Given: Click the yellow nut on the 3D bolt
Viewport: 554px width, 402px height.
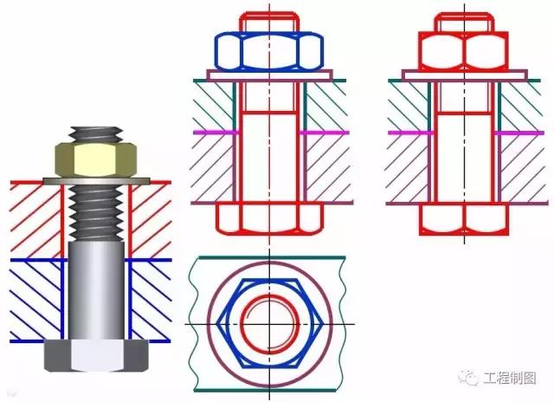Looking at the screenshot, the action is [x=96, y=159].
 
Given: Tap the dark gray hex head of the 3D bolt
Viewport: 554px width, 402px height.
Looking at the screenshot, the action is [x=96, y=355].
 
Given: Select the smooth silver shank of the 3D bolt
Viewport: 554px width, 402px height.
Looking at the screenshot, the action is [x=96, y=290].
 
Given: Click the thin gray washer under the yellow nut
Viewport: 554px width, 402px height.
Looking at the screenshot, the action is [x=96, y=181].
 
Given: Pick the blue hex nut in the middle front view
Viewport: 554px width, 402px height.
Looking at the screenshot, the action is [x=269, y=51].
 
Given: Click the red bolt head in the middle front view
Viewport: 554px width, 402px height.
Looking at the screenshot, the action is [x=269, y=218].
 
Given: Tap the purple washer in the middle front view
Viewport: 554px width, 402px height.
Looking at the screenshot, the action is [x=269, y=75].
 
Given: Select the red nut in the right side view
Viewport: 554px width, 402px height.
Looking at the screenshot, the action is [x=464, y=50].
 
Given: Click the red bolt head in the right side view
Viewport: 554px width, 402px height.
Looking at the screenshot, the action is [x=464, y=219].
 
